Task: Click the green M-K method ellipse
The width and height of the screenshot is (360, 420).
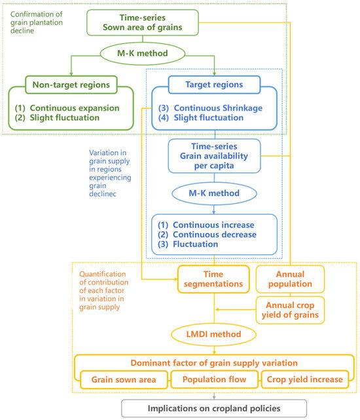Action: (143, 53)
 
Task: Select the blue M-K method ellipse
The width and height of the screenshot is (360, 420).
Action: (214, 193)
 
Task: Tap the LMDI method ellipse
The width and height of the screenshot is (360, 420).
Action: (213, 334)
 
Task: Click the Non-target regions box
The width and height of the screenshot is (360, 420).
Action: (71, 85)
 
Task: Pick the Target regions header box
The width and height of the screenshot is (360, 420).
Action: (214, 85)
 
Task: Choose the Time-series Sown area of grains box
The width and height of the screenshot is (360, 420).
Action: (143, 22)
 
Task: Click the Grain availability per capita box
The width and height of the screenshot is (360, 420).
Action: (214, 156)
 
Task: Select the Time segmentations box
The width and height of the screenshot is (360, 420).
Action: (213, 279)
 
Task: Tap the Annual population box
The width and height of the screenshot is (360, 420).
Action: (290, 279)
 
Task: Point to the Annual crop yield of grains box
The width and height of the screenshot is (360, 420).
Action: (290, 310)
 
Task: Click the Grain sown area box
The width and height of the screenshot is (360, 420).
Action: (124, 379)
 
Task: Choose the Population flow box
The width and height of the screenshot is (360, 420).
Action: (214, 379)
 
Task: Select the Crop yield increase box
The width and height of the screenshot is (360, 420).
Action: (304, 379)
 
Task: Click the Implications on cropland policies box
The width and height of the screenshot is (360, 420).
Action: (214, 408)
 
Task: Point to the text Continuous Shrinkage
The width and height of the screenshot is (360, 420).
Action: (218, 108)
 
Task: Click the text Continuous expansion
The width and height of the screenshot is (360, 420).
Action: (75, 108)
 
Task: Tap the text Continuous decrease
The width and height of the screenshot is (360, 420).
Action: (215, 235)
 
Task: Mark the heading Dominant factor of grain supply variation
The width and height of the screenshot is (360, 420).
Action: (214, 363)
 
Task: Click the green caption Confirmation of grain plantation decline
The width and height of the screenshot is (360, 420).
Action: (37, 22)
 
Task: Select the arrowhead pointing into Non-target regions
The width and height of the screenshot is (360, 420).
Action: (71, 74)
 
